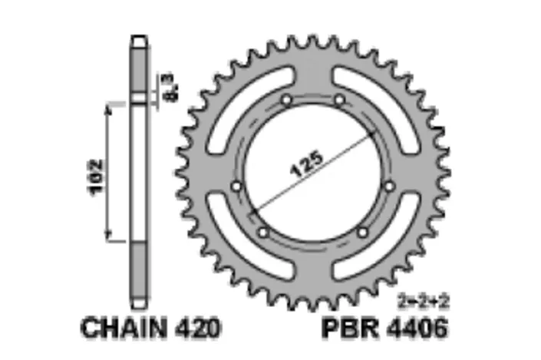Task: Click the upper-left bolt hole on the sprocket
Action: [x=286, y=100]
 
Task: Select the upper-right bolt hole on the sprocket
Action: [x=338, y=100]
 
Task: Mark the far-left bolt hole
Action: [x=236, y=186]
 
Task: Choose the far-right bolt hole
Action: [x=390, y=186]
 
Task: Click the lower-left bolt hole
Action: [x=263, y=231]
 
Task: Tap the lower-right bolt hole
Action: [x=362, y=231]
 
